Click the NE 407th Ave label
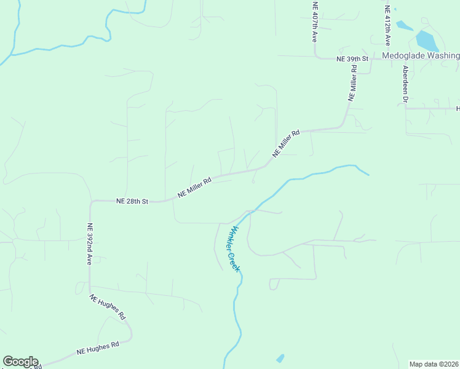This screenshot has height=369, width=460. [x=314, y=22]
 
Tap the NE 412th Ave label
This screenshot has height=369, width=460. [x=387, y=26]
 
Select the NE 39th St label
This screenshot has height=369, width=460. [x=352, y=58]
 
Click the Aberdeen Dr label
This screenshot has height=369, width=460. [x=405, y=83]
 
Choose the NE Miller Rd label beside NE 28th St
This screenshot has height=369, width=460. [x=194, y=188]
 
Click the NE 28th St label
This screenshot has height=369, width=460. [x=132, y=201]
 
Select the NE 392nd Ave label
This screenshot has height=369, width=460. [x=89, y=244]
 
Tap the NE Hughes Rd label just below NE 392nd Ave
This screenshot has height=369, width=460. [x=108, y=307]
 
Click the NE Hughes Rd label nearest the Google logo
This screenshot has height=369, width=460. [x=97, y=349]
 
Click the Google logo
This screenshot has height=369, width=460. [x=20, y=362]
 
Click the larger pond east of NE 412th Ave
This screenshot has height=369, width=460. [x=427, y=41]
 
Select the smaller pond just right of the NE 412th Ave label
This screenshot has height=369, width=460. [x=404, y=26]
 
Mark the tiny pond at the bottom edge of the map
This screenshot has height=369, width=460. [x=280, y=358]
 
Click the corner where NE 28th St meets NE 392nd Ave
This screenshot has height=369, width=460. [x=91, y=202]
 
